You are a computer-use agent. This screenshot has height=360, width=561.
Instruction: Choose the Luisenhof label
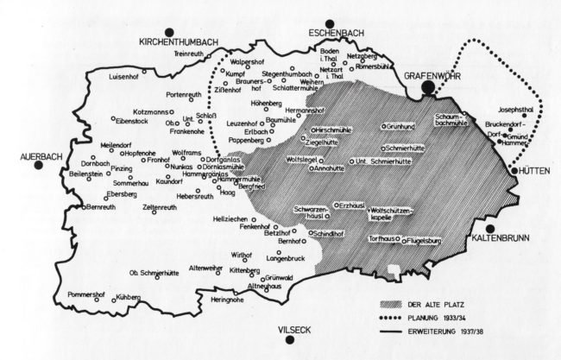point(123,76)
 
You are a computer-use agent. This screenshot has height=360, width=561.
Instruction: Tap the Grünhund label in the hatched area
point(398,127)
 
